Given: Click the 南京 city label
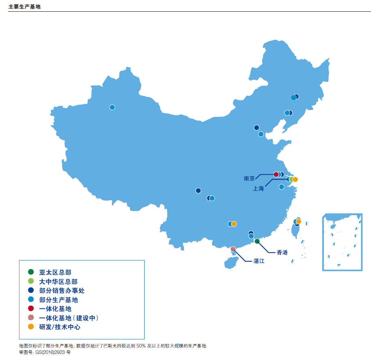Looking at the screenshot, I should pos(249,178).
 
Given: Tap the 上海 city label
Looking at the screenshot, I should pos(258,188).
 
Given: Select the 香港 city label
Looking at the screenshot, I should pos(282,252).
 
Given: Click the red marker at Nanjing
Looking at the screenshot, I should pos(276,174).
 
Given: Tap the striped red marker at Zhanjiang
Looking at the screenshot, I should pos(233,249).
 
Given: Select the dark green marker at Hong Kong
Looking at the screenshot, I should pos(257,241).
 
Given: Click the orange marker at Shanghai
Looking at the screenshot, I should pos(295,179).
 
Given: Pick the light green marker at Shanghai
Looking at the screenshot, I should pos(291,179).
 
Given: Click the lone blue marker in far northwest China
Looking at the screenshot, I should pos(112,107).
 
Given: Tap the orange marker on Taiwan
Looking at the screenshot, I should pos(299,221).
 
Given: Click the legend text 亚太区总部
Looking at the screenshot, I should pos(55,272).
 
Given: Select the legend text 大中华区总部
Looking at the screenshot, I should pos(58,282).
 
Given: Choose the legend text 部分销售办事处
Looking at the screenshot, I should pos(62,290).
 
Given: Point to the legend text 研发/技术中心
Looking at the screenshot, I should pos(60,327).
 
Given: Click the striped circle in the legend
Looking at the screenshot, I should pos(31,318).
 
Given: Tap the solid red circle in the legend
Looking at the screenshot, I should pos(31,309).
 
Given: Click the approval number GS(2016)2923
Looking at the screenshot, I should pos(50,352).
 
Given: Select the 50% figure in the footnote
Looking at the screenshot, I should pos(141,346).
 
